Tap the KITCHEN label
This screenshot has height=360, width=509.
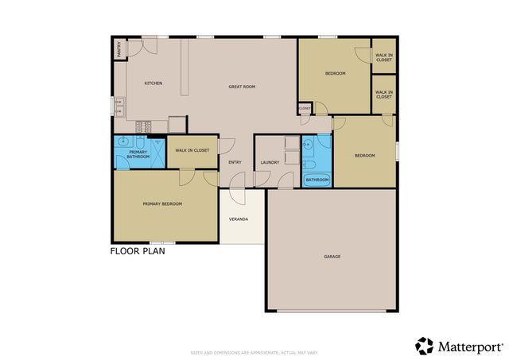point(153,83)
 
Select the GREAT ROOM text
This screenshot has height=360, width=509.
point(241,86)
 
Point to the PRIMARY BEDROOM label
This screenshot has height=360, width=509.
point(162,204)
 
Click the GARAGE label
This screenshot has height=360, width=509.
point(332,257)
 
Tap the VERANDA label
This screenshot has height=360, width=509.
point(239,219)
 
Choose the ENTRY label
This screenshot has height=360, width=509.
point(235,163)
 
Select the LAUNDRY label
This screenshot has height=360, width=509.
point(270,163)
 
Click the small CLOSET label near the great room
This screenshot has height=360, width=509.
point(305,108)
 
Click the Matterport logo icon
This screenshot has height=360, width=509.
point(425,346)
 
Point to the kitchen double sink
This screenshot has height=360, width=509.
point(119,106)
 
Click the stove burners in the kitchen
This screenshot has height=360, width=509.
point(145,126)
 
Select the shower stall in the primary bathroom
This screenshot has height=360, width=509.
point(157,154)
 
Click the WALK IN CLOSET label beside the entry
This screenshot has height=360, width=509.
point(192,150)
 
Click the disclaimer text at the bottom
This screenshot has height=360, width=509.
point(254,352)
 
